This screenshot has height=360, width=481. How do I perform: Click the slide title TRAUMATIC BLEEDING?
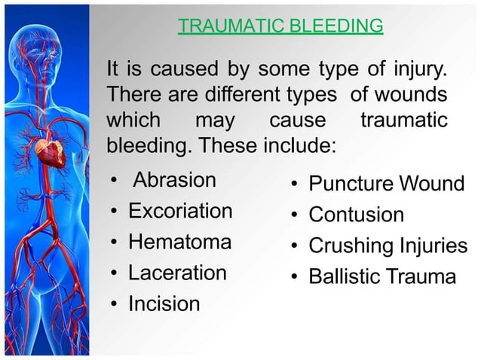[x=280, y=27]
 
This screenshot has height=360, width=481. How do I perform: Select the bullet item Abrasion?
[x=174, y=181]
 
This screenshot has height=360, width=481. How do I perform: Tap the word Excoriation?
[x=180, y=211]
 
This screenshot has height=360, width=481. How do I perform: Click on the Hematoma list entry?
[x=179, y=242]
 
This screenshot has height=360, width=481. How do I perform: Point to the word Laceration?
[x=177, y=273]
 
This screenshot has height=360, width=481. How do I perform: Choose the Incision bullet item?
[x=164, y=304]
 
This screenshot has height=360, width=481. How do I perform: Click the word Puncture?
[x=351, y=184]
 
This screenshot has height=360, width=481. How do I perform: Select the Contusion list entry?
[x=357, y=215]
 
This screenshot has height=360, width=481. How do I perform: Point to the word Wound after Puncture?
[x=432, y=184]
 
